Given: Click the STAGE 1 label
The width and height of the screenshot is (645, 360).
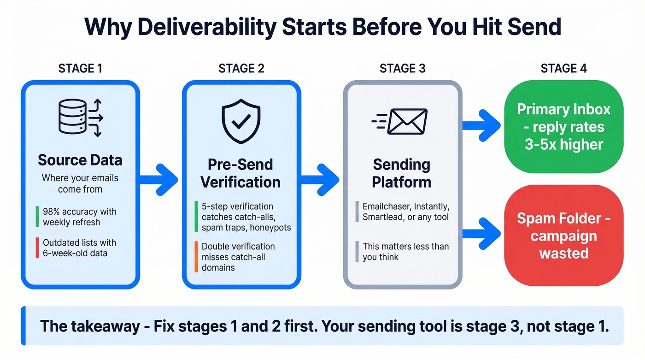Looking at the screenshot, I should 80,69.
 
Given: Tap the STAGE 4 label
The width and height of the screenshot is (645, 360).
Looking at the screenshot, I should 563,69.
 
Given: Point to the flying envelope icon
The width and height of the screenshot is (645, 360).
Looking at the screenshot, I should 400,121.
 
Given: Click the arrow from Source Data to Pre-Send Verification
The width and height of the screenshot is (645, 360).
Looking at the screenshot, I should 159,179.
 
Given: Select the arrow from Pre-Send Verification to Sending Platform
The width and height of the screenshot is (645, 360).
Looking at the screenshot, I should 321,179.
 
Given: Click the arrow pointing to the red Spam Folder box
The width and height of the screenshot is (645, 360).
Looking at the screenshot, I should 482,233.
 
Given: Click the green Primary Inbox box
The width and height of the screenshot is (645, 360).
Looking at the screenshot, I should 563,127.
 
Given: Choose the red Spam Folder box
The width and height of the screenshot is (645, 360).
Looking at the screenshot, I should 563,236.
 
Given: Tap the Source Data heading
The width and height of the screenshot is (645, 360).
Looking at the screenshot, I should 80,160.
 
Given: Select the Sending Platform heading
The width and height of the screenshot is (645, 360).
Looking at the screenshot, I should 401,173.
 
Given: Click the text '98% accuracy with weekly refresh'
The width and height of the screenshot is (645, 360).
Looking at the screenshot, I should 79,217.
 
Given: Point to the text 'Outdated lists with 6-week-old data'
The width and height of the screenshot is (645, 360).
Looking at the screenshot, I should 79,248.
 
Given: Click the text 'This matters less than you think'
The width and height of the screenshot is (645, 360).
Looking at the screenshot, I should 405,252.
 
